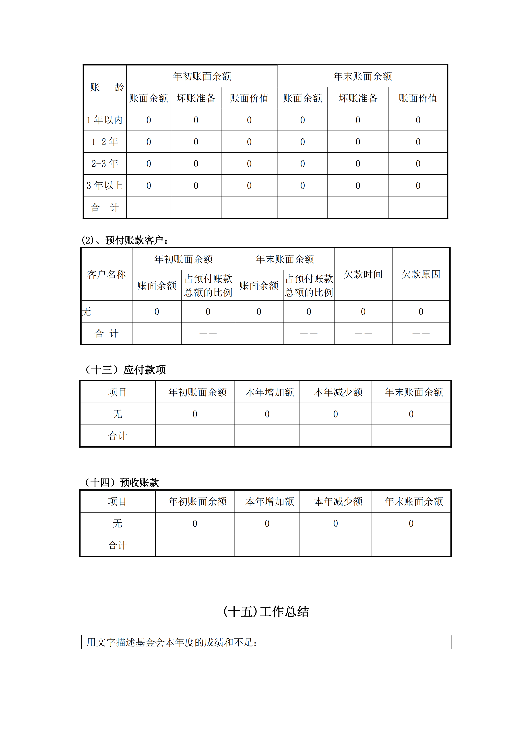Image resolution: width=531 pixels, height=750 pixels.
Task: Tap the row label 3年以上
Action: [x=105, y=186]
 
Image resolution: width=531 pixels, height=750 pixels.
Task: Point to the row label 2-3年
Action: [x=105, y=164]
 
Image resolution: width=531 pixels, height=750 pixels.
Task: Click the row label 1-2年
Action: [x=105, y=142]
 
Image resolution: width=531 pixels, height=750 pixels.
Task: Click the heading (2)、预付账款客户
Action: [x=125, y=240]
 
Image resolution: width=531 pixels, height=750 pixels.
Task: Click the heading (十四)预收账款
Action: [x=121, y=482]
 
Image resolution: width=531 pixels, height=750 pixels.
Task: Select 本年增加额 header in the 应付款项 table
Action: [x=270, y=392]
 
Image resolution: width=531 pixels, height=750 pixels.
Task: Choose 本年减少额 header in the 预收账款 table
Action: [x=338, y=501]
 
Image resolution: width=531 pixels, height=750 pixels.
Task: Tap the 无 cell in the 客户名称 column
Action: [x=87, y=312]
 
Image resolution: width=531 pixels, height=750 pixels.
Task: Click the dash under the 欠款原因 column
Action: [x=421, y=333]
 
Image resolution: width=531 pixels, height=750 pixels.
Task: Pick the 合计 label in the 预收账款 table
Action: [x=117, y=545]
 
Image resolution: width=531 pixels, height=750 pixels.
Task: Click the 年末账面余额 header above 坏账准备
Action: [x=363, y=76]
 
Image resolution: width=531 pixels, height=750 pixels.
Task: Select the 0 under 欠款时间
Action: [x=363, y=312]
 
